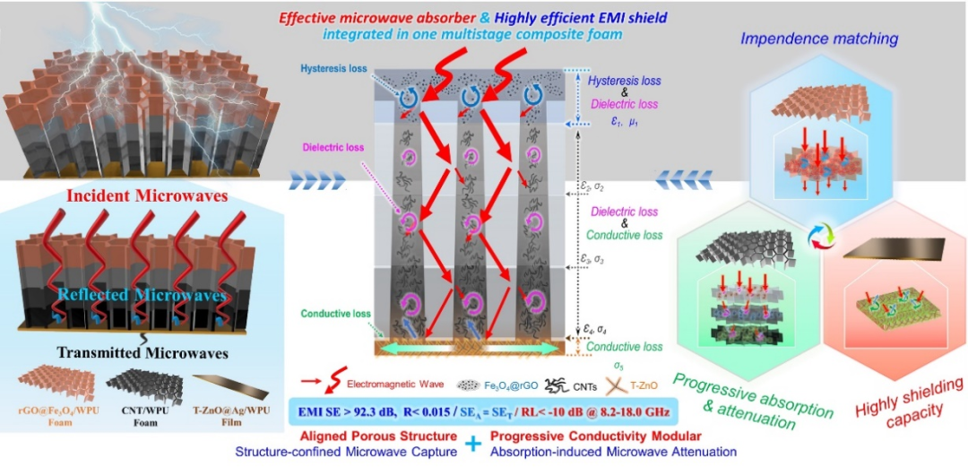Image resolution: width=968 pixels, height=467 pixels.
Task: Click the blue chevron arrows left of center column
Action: tap(317, 183)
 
